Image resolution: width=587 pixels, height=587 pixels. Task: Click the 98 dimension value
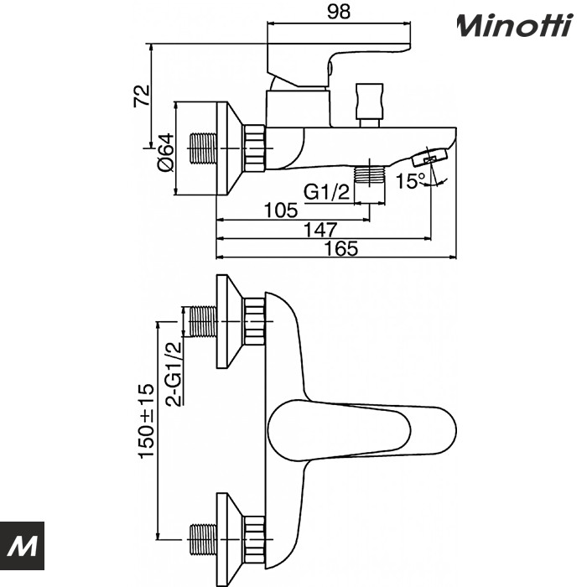[340, 11]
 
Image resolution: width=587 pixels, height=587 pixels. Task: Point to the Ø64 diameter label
[165, 150]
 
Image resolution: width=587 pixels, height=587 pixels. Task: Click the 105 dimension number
[281, 210]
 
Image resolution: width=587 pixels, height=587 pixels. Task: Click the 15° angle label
[410, 180]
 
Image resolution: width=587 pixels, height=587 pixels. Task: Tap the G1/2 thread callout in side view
[326, 192]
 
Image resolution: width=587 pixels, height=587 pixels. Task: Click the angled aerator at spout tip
[429, 156]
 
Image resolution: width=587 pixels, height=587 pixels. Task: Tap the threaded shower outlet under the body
[369, 175]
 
